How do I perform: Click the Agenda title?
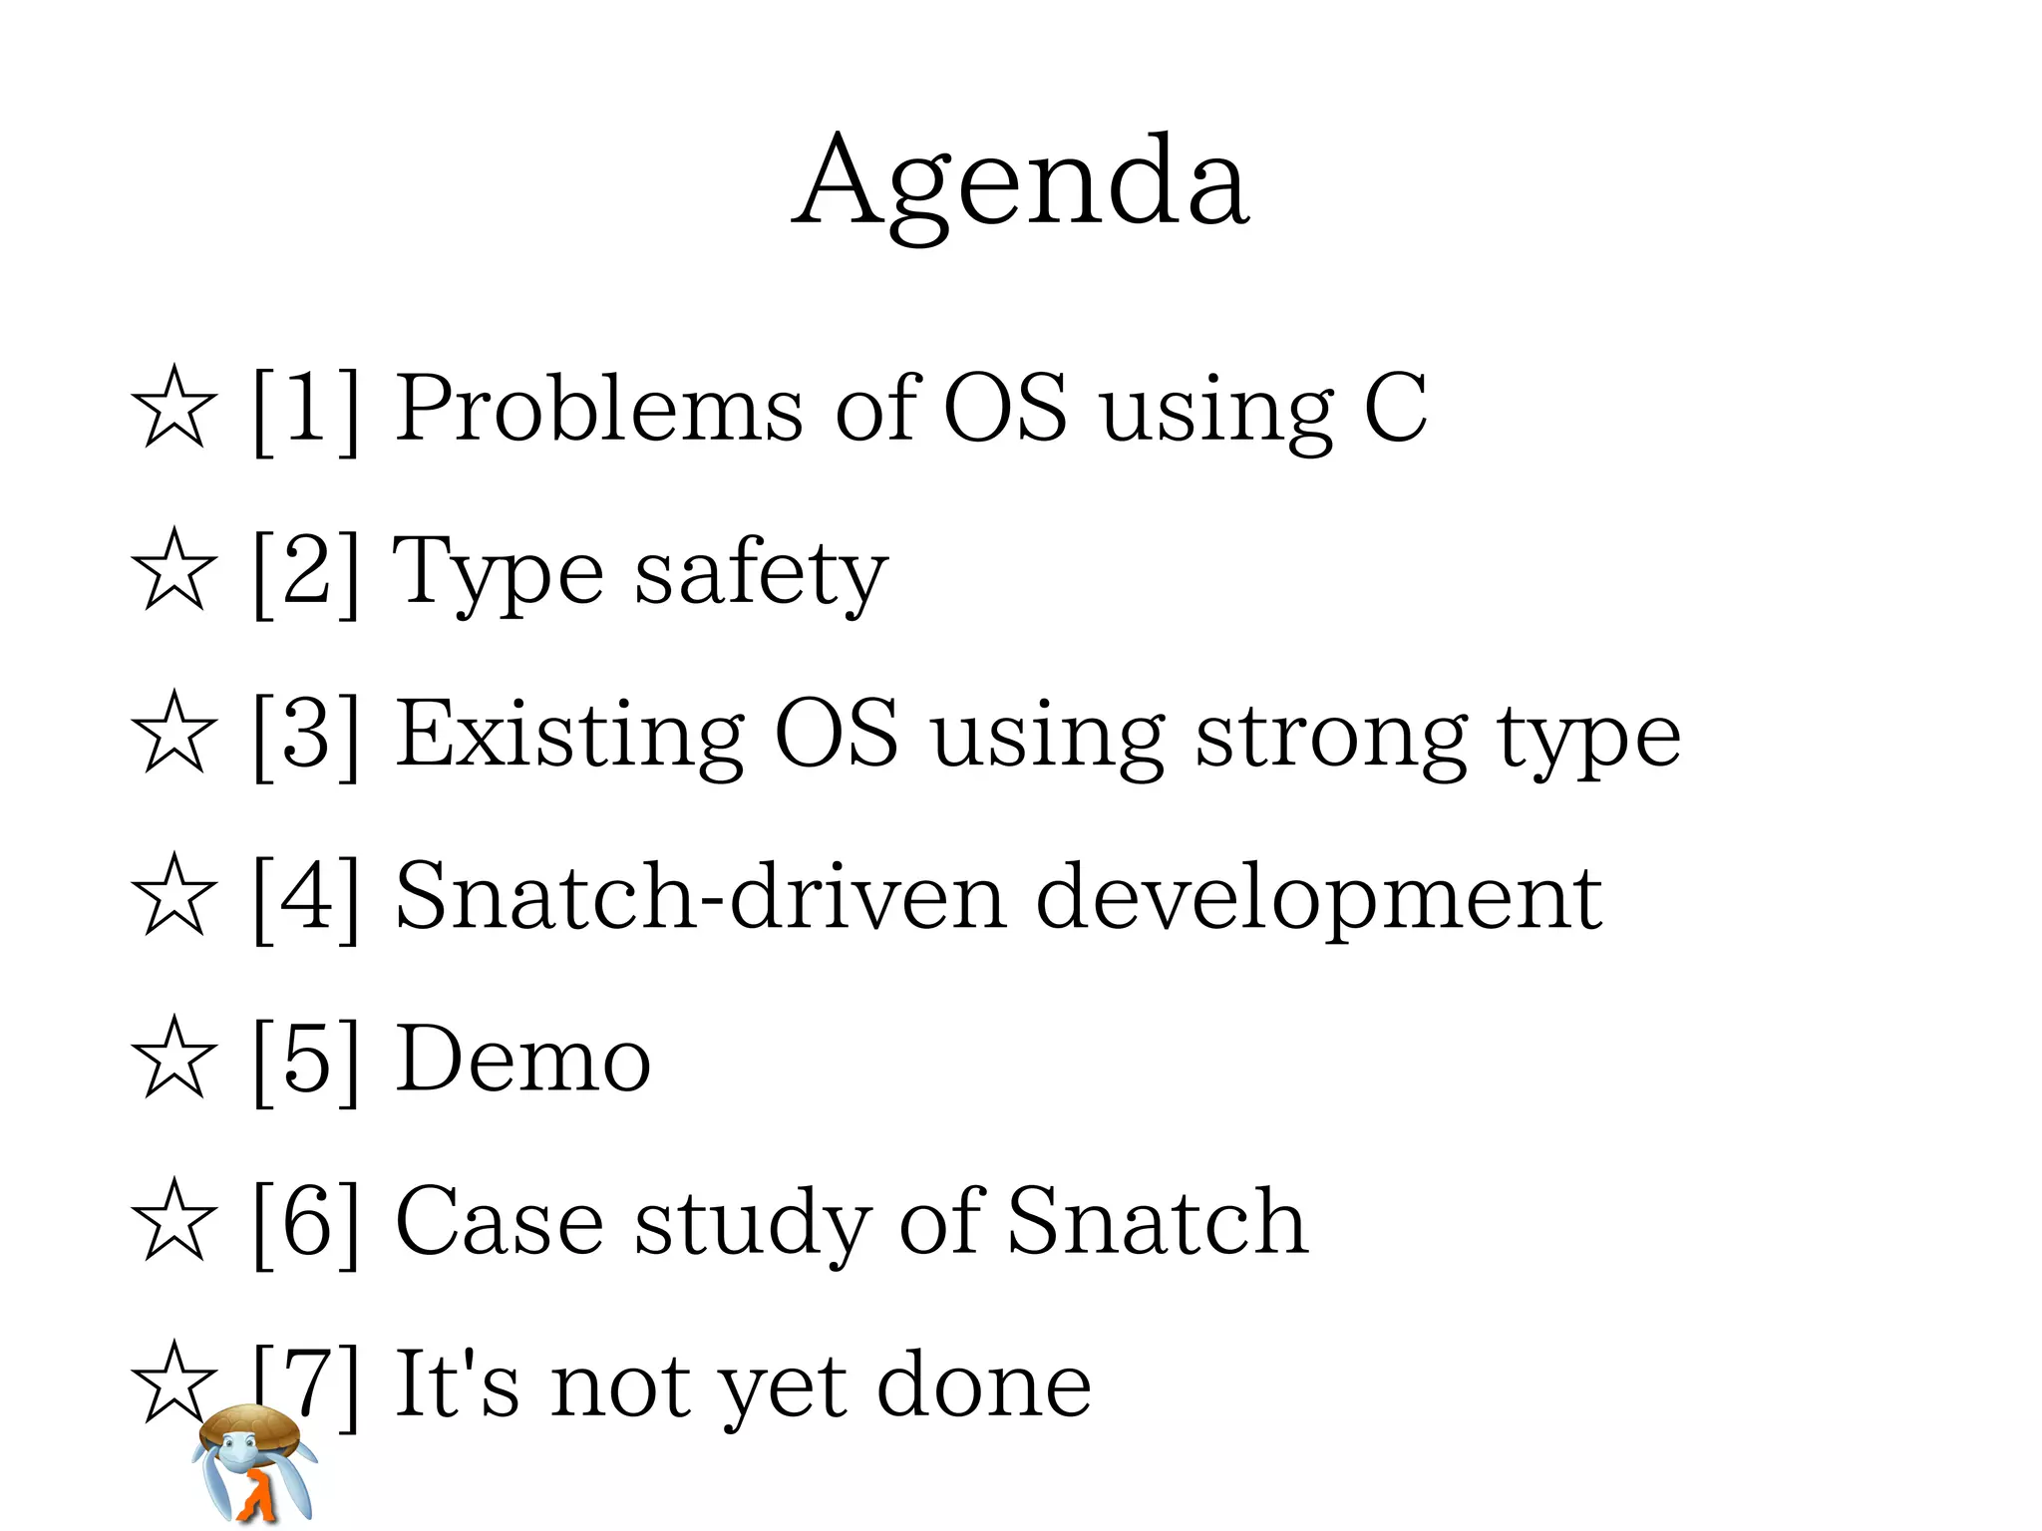point(1020,184)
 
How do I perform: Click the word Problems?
point(598,409)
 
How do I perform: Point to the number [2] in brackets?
point(305,572)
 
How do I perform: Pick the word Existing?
point(570,736)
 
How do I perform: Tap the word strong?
point(1330,738)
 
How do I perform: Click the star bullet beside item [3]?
point(173,732)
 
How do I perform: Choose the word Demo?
point(523,1060)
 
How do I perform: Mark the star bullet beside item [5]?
point(173,1058)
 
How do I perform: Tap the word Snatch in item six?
point(1157,1221)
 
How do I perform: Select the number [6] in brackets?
point(305,1222)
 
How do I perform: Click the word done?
point(983,1384)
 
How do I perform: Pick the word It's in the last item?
point(458,1383)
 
